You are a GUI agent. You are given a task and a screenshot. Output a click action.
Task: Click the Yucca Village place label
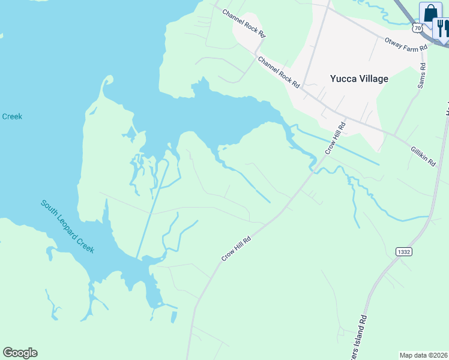point(360,79)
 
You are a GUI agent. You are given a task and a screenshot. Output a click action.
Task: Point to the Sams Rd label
point(421,76)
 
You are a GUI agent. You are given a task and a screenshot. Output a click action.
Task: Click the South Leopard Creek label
point(67,226)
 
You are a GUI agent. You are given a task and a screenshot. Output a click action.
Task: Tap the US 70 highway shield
point(418,28)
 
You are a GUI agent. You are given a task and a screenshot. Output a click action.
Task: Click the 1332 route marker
point(404,252)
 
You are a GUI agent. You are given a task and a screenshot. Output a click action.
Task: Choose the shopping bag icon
point(430,13)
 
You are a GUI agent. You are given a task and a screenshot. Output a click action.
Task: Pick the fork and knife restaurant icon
point(442,28)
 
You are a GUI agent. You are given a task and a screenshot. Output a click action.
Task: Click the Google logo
point(20,353)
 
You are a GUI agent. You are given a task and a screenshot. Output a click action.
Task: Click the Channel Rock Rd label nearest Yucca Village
point(279,73)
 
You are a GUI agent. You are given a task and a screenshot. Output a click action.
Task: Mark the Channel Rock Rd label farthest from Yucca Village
point(243,23)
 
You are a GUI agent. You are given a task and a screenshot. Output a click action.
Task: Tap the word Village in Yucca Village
point(372,79)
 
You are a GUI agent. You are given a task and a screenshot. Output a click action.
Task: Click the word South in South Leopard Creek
point(49,208)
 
